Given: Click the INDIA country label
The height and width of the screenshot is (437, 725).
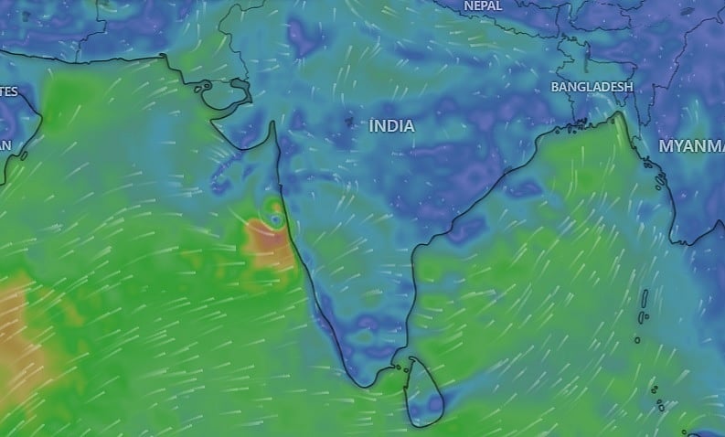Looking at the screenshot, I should (392, 126).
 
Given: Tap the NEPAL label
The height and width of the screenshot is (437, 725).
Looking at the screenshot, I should (483, 6).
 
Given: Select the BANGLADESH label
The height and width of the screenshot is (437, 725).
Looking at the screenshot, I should (592, 87).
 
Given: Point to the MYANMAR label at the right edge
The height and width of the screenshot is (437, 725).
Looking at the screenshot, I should (692, 146).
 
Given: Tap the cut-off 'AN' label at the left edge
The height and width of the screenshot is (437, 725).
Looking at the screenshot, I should (5, 146).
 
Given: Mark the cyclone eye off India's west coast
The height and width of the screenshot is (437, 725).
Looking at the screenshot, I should (275, 219).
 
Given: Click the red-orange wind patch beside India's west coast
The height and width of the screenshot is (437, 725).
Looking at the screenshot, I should (272, 245).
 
